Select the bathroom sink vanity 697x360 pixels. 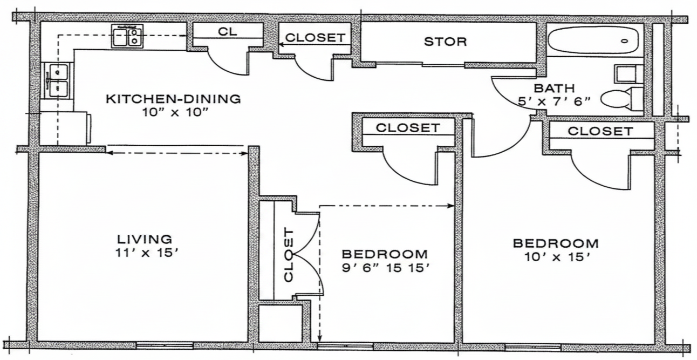(628, 74)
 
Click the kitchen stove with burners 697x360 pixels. (127, 36)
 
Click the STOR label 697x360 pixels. (445, 42)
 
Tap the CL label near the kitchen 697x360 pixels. (228, 31)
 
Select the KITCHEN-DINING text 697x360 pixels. (173, 99)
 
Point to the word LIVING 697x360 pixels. (145, 239)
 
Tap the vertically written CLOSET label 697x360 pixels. (289, 255)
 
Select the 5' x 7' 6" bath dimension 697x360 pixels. (554, 101)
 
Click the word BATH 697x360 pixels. (554, 89)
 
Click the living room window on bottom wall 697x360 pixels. (165, 345)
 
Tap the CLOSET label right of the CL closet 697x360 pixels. (315, 38)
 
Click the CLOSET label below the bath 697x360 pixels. (600, 131)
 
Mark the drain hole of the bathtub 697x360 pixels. (625, 41)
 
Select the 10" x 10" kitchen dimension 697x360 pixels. (175, 112)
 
